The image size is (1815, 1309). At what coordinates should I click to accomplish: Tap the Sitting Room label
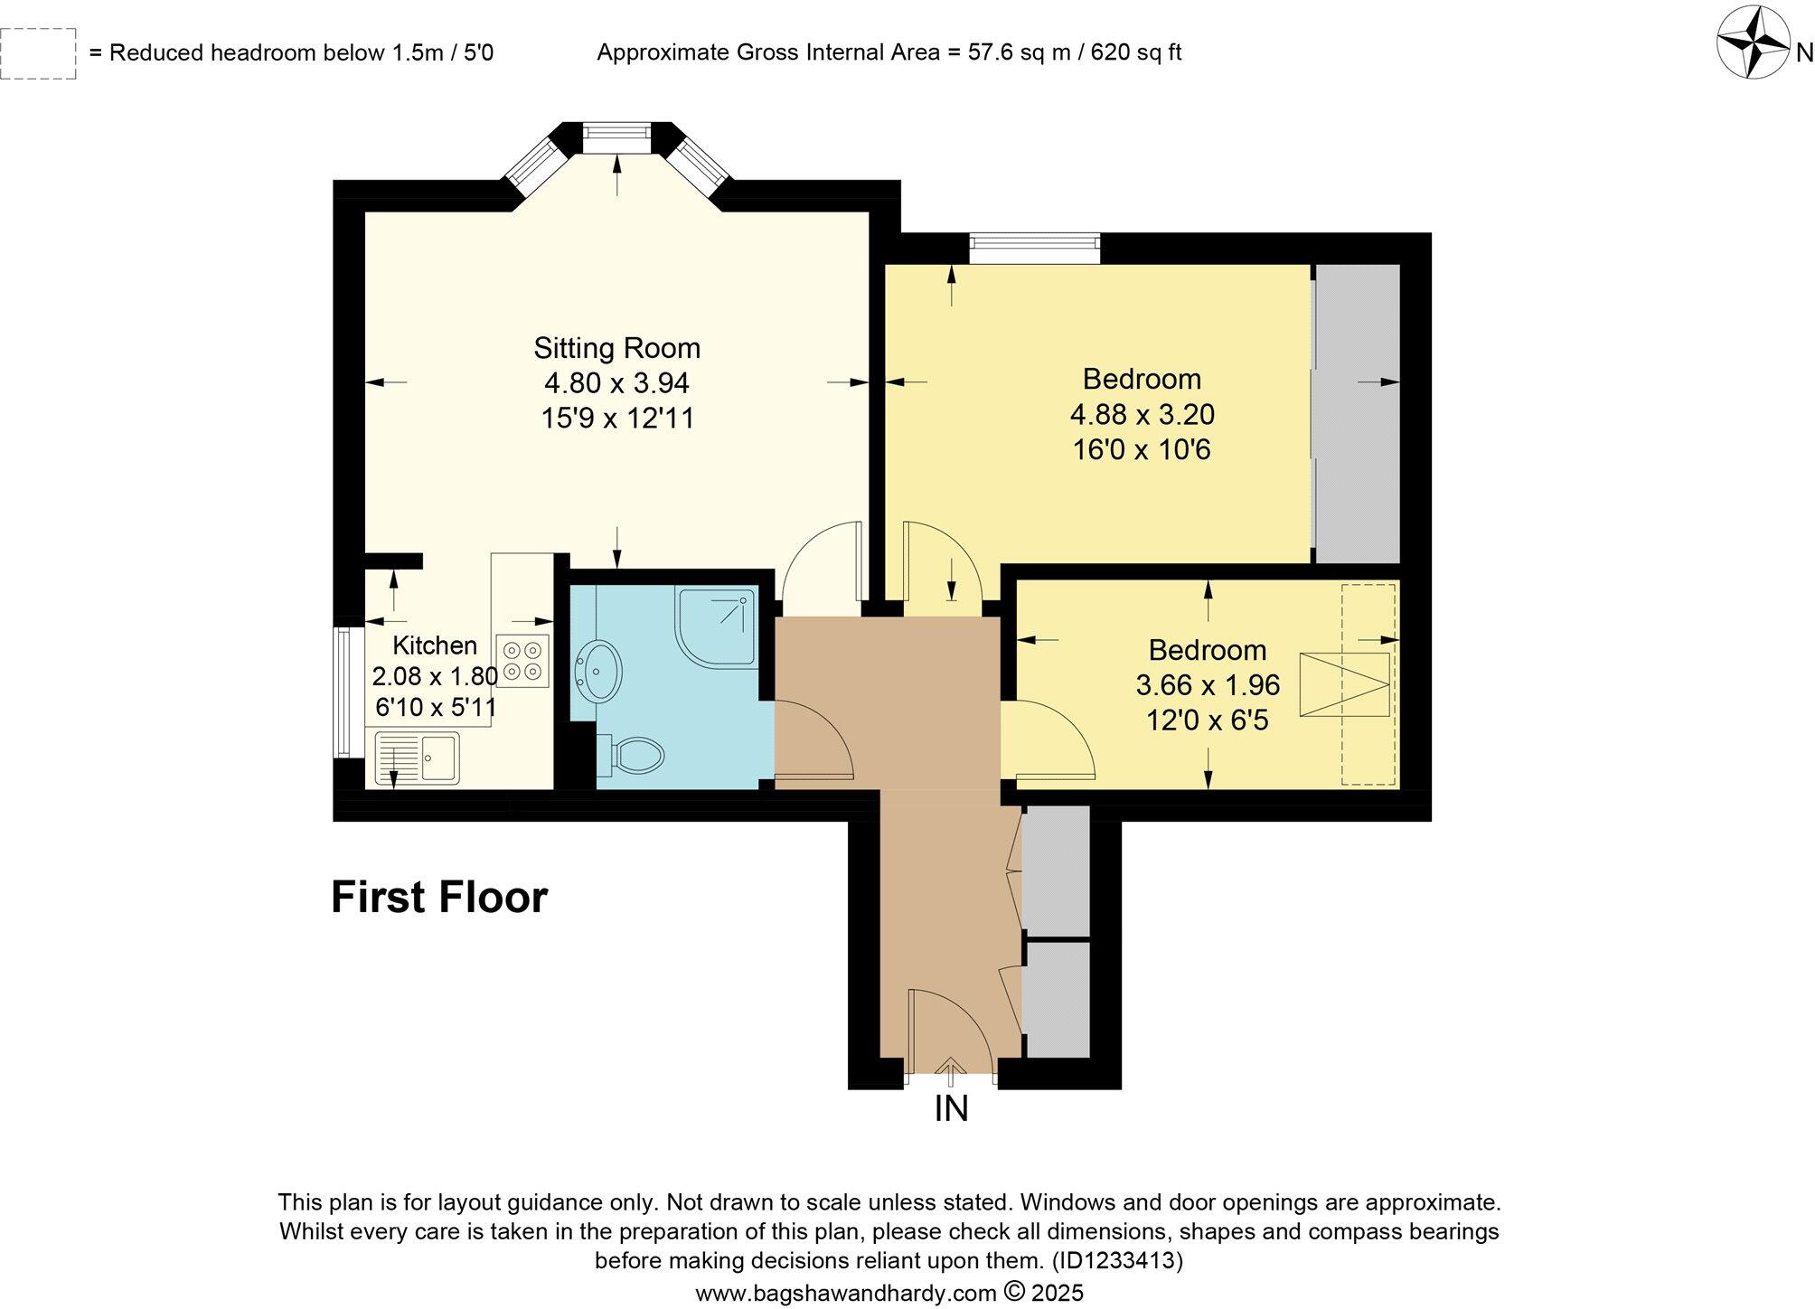click(x=616, y=348)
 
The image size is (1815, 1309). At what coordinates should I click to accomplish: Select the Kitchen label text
click(x=435, y=645)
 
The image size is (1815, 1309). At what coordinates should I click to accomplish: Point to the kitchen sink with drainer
click(x=417, y=757)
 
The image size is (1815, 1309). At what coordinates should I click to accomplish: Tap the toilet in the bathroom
click(x=633, y=754)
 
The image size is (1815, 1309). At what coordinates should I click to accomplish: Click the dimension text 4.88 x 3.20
click(x=1142, y=414)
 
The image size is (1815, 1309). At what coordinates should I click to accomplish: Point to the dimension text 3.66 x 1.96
click(x=1208, y=685)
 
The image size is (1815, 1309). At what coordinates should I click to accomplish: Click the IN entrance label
click(x=951, y=1108)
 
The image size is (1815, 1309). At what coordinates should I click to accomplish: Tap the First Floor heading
click(x=439, y=898)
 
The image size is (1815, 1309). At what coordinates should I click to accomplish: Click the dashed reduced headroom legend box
click(x=38, y=53)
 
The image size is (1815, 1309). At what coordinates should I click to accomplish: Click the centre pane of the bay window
click(x=616, y=139)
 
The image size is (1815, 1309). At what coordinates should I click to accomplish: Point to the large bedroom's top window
click(x=1035, y=248)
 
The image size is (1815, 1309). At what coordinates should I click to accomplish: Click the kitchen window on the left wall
click(x=343, y=692)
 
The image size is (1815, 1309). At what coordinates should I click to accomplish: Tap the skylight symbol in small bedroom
click(x=1344, y=684)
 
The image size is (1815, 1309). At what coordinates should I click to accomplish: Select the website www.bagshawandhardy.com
click(x=846, y=1293)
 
